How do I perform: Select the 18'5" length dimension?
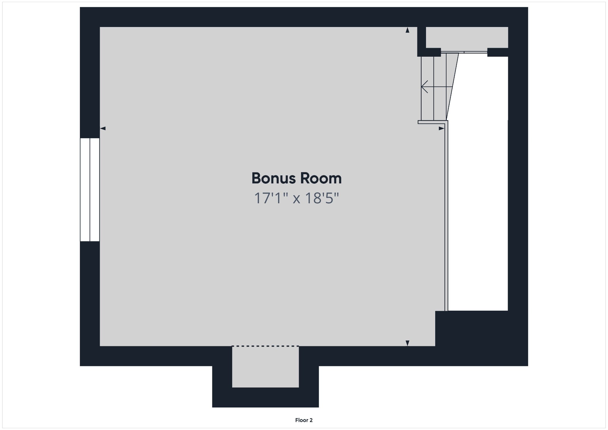tap(322, 198)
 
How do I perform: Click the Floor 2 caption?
tap(304, 420)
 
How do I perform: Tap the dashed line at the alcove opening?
tap(265, 346)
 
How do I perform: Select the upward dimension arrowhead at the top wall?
tap(407, 30)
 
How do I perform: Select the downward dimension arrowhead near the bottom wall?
tap(407, 343)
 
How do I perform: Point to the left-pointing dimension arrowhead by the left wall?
tap(103, 128)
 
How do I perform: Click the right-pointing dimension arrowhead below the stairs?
tap(441, 128)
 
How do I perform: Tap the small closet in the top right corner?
tap(467, 37)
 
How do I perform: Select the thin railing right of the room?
tap(446, 217)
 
